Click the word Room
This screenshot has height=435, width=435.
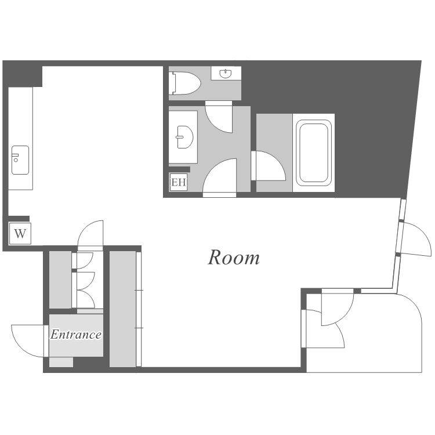(234, 258)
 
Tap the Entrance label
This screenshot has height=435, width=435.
(76, 334)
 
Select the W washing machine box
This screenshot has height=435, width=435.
(20, 234)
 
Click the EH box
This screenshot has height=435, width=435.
(179, 183)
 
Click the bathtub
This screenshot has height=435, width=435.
(314, 153)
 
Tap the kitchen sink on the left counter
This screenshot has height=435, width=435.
(20, 160)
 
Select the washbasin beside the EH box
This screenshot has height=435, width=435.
(184, 137)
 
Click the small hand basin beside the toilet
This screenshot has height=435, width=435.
(226, 74)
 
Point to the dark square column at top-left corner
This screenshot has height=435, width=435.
(23, 74)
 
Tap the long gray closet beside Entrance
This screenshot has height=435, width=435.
(122, 309)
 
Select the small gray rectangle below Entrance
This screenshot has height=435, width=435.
(61, 362)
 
